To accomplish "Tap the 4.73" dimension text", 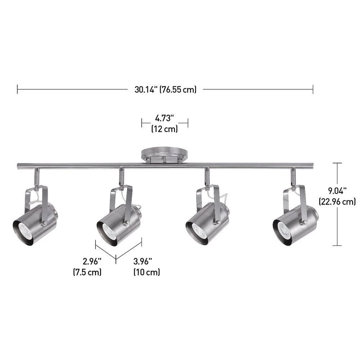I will [x=165, y=118].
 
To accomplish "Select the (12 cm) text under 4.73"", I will [x=165, y=129].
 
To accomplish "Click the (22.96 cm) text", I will [x=337, y=202].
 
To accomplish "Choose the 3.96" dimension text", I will [x=143, y=261].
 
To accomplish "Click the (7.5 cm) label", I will [x=87, y=272].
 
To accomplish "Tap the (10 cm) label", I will [x=147, y=272].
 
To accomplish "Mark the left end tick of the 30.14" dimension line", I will [x=18, y=90].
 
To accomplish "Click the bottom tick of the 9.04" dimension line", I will [x=337, y=246].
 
